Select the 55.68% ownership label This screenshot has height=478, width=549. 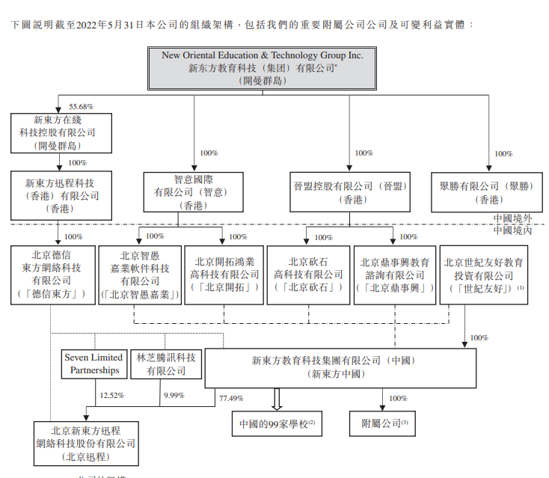click(x=81, y=106)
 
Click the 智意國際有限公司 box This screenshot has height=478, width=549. click(x=183, y=192)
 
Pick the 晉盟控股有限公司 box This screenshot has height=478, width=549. click(x=350, y=192)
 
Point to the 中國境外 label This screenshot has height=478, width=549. click(x=512, y=218)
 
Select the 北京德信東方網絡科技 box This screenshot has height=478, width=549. click(x=52, y=274)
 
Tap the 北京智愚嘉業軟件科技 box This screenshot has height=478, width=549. click(x=140, y=274)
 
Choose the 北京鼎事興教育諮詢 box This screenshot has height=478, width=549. click(x=394, y=274)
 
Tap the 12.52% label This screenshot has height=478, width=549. click(x=111, y=394)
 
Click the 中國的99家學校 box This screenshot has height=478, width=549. click(x=276, y=423)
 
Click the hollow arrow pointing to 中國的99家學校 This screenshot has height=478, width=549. click(x=276, y=399)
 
